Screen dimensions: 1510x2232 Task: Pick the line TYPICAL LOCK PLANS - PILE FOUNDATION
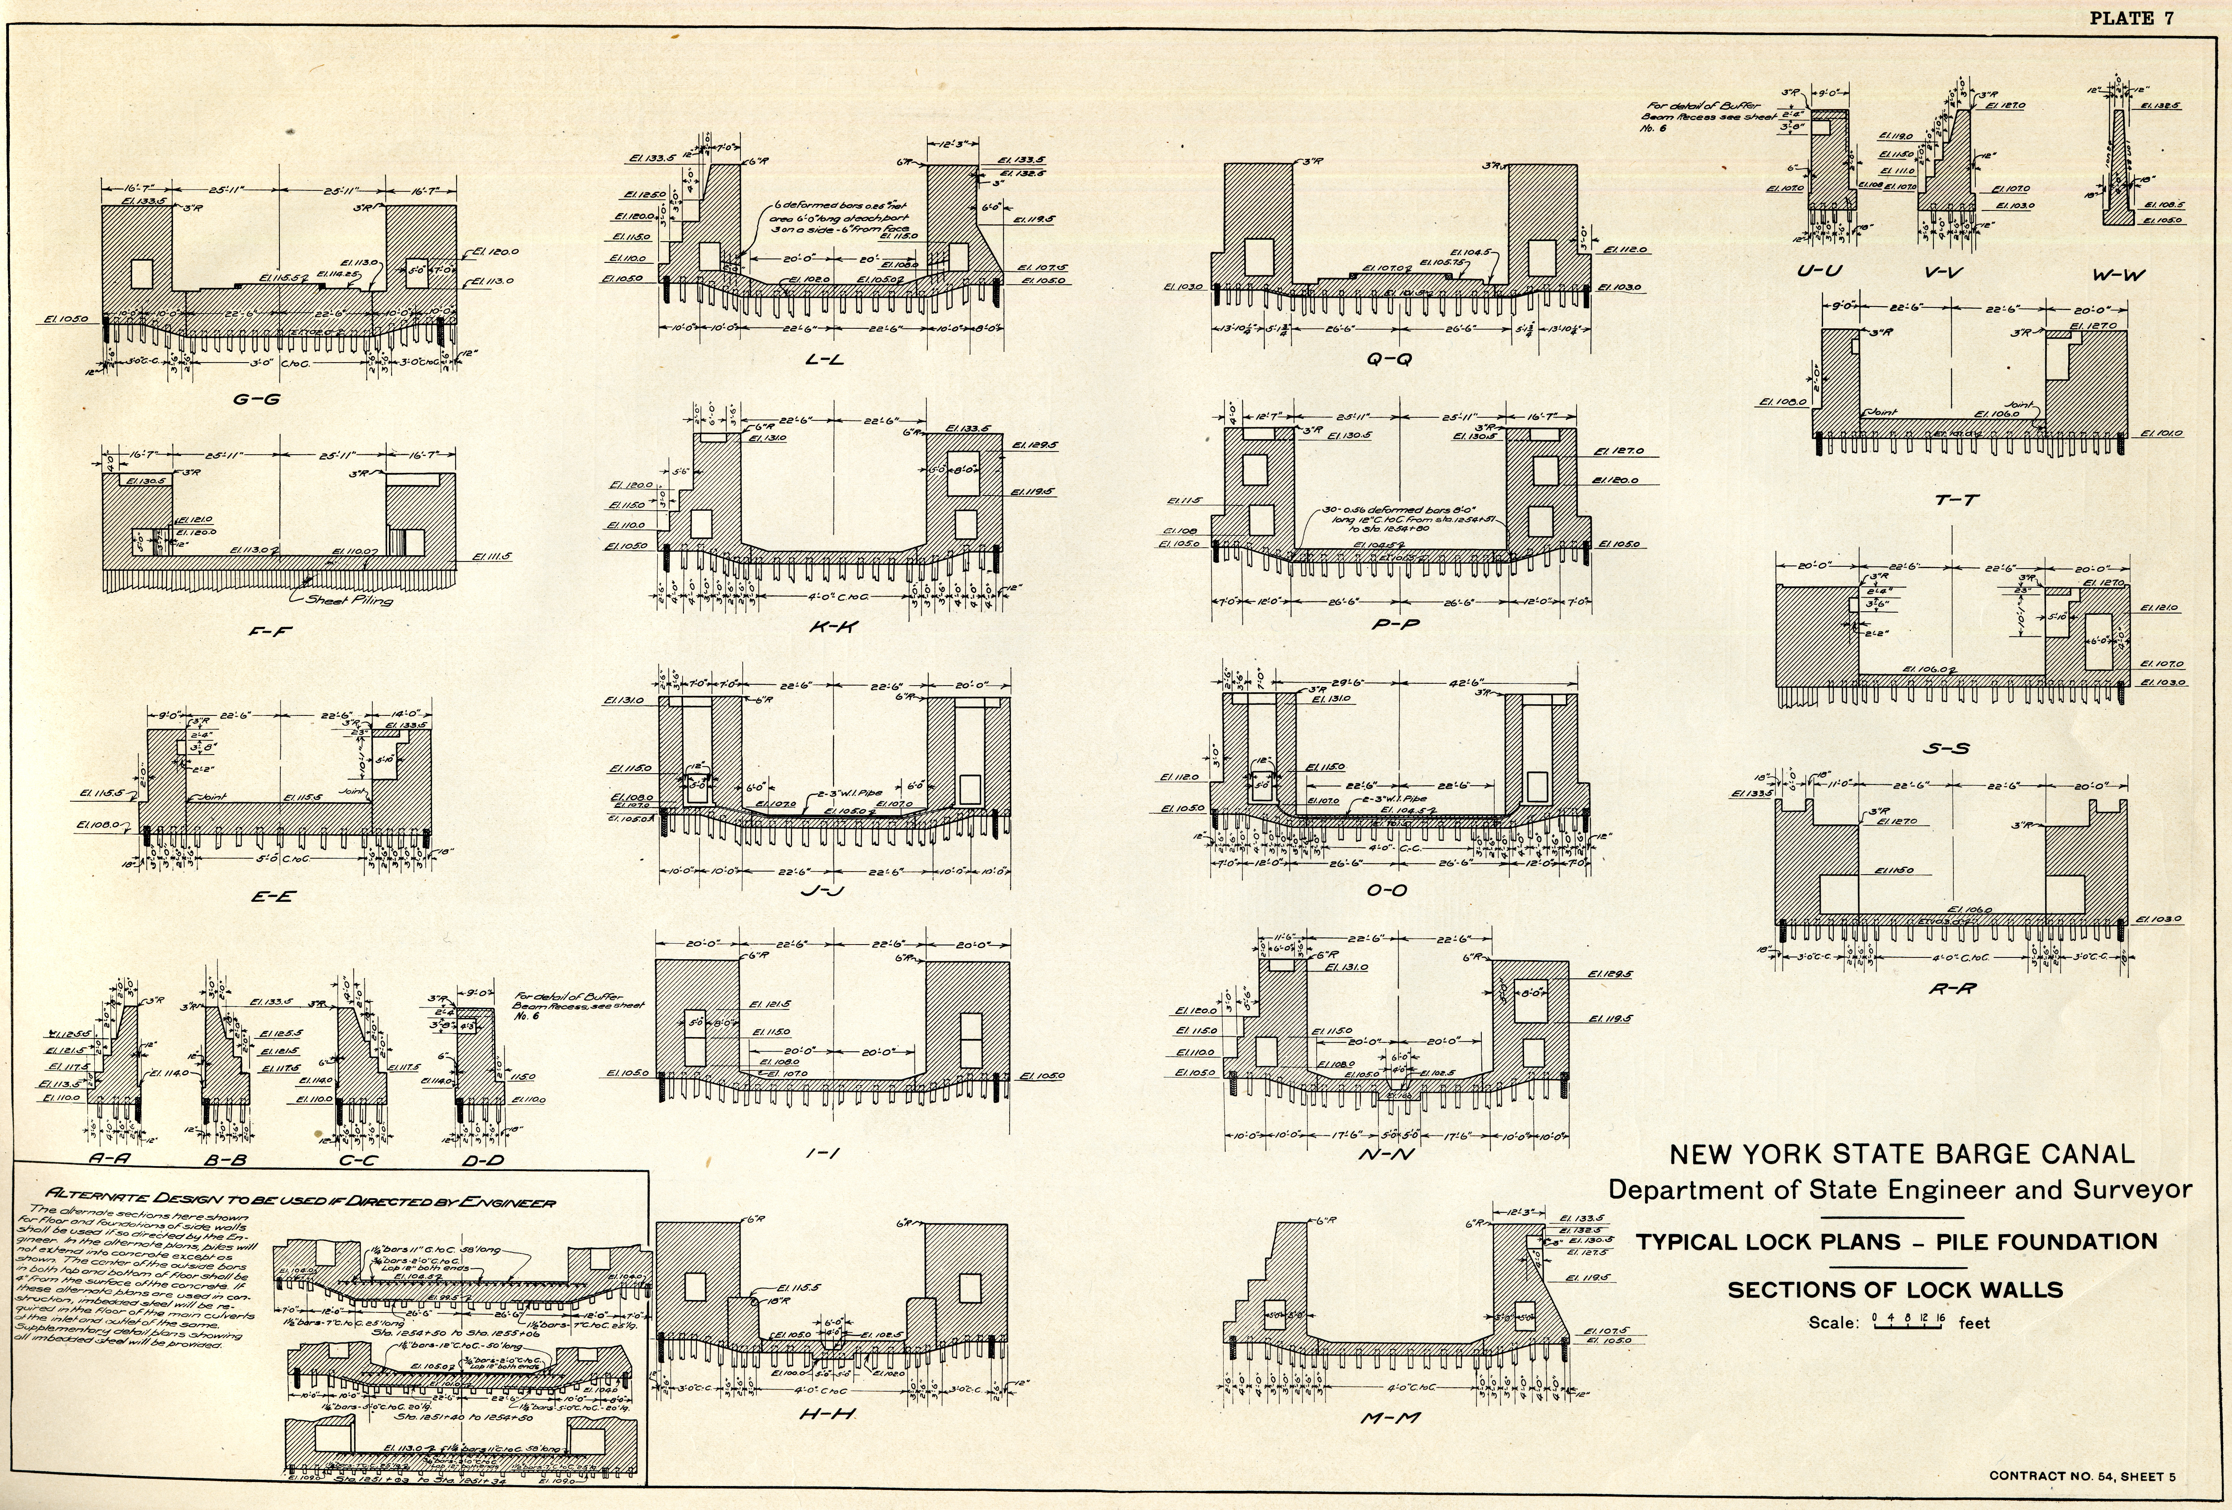(1897, 1241)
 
